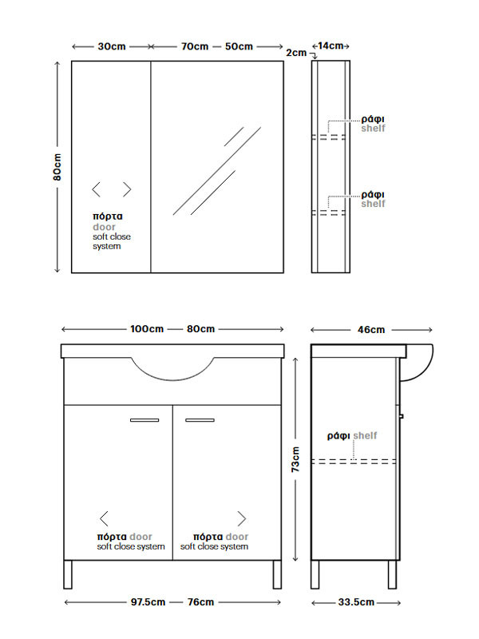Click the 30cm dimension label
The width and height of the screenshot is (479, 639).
coord(112,46)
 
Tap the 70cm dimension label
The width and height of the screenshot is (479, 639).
coord(195,46)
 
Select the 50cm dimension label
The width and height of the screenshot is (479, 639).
coord(239,46)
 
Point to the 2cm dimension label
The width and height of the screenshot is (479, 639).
coord(296,53)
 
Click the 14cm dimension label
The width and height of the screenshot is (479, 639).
coord(331,46)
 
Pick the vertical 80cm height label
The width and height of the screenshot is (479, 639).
coord(57,167)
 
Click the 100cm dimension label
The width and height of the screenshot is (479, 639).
coord(147,329)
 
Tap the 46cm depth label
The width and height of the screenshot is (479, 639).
coord(371,330)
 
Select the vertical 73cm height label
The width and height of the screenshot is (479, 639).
coord(295,459)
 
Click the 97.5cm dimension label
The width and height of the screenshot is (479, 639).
coord(148,602)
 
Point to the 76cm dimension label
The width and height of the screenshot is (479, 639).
coord(201,602)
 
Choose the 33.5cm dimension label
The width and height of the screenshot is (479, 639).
coord(356,602)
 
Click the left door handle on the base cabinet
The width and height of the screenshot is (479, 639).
coord(144,420)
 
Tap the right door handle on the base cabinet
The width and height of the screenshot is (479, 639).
coord(200,420)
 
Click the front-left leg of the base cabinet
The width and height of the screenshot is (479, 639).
coord(68,574)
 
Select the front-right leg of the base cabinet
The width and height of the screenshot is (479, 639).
coord(277,574)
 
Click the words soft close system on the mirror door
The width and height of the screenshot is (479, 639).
coord(112,241)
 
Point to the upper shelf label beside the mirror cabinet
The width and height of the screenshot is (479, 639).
coord(373,124)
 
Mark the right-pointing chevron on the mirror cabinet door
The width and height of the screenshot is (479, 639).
coord(128,189)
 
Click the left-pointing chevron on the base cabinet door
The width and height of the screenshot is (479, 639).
coord(104,518)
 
